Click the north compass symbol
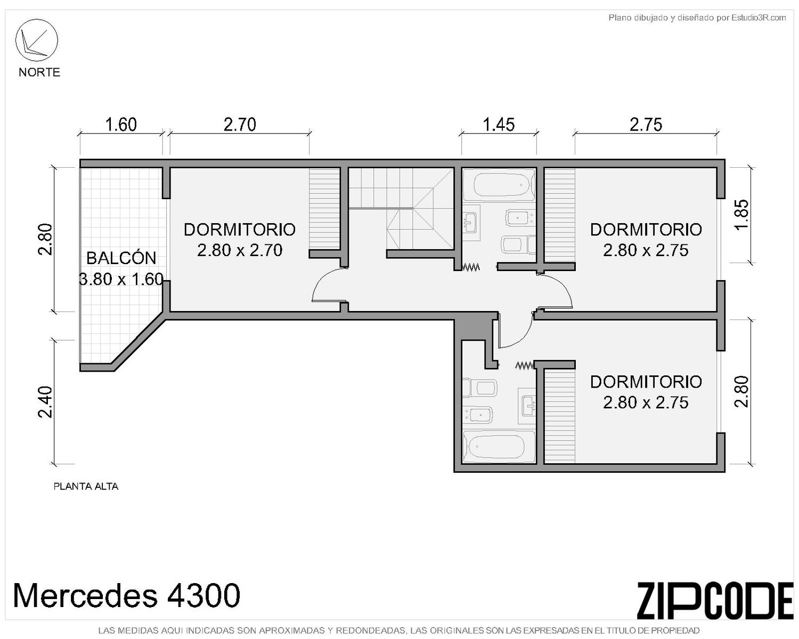click(x=36, y=40)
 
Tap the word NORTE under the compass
click(x=39, y=72)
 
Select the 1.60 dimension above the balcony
click(x=121, y=125)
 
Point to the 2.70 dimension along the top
click(x=240, y=125)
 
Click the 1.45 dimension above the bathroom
click(x=499, y=125)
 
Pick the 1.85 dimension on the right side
click(x=742, y=215)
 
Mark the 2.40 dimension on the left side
click(x=45, y=402)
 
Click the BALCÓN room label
click(x=121, y=258)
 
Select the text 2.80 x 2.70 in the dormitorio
click(x=240, y=250)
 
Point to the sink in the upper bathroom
click(x=471, y=223)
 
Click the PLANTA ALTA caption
click(x=86, y=486)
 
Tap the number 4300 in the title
click(x=204, y=595)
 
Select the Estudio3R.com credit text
click(x=759, y=18)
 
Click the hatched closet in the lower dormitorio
click(x=559, y=416)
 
